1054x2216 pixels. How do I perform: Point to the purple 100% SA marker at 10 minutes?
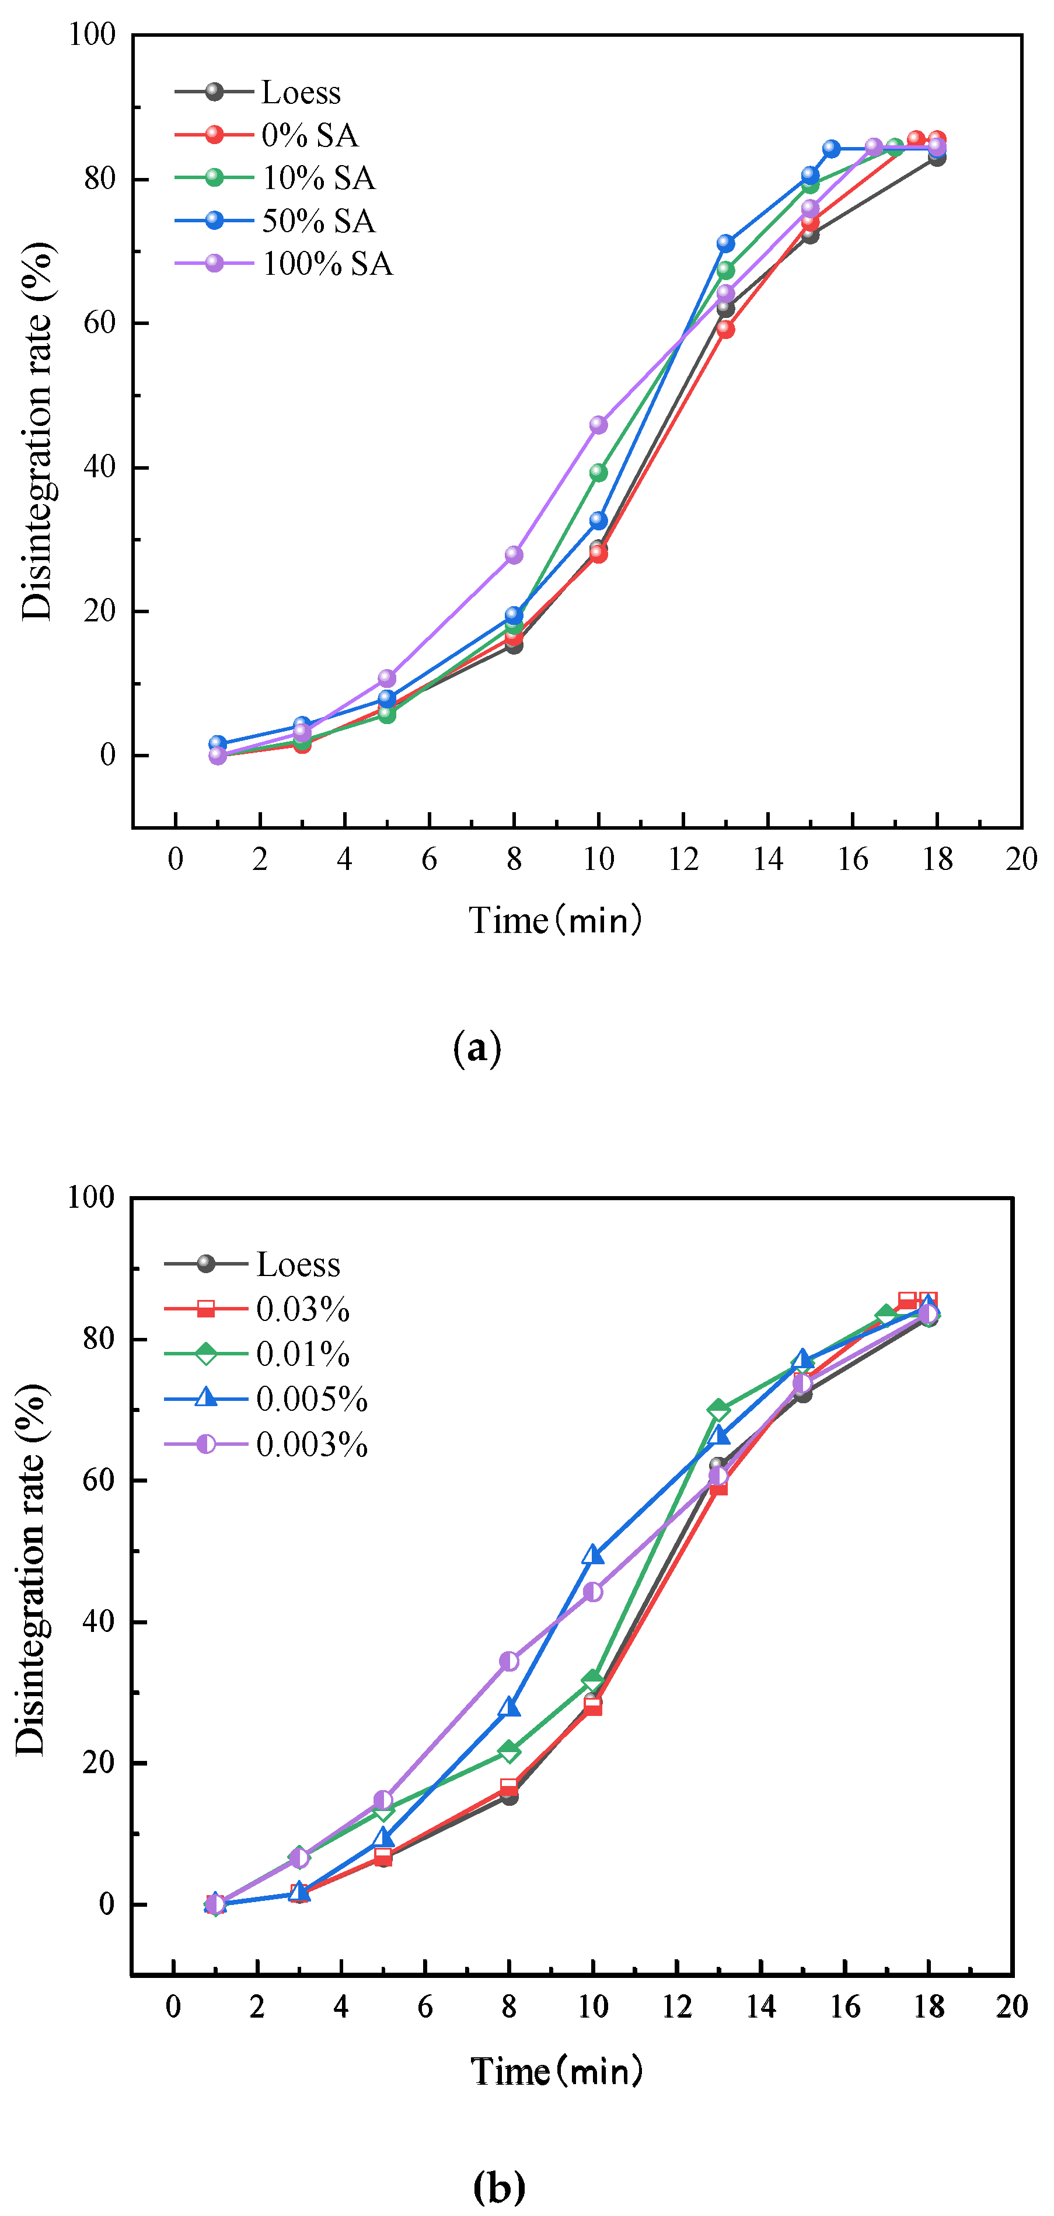598,425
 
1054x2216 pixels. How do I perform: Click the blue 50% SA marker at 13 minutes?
725,243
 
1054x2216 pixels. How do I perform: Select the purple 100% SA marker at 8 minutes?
514,555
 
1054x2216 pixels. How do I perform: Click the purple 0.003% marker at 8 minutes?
509,1661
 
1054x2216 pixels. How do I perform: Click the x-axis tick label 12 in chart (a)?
683,859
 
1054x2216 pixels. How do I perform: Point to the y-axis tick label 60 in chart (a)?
100,323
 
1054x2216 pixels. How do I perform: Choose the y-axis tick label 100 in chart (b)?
91,1197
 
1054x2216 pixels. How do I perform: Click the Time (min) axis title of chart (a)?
556,921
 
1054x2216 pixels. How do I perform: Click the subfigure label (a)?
477,1048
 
